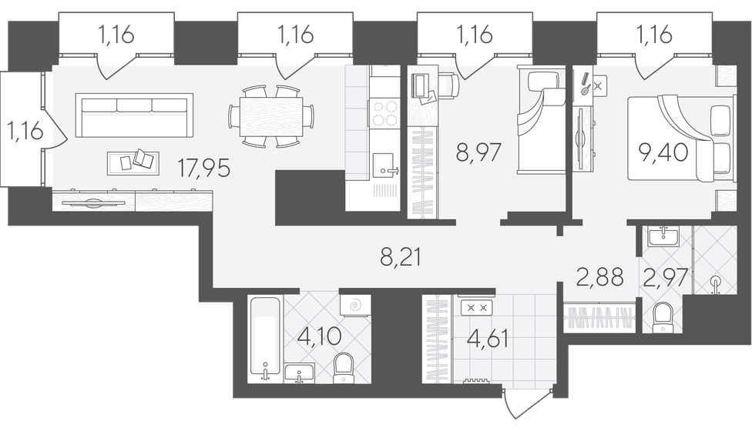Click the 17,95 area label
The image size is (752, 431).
click(x=204, y=168)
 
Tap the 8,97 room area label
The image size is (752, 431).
click(x=478, y=152)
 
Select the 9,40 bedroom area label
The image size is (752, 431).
click(x=663, y=152)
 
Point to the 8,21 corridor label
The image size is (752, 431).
click(x=401, y=258)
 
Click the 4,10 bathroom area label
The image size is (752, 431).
click(x=320, y=336)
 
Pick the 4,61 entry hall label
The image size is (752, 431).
click(x=487, y=338)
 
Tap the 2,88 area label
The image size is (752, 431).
click(x=599, y=277)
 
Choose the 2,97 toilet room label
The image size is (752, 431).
click(x=665, y=278)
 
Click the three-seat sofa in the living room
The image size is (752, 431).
click(x=134, y=115)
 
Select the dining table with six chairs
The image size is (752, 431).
click(x=271, y=116)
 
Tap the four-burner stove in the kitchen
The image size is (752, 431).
click(x=383, y=112)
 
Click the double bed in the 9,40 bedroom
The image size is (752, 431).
click(x=681, y=139)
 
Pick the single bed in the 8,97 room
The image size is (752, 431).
click(x=541, y=120)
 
